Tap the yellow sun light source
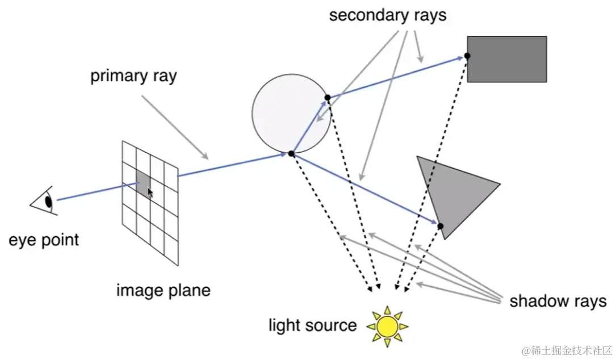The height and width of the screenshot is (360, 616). pyautogui.click(x=387, y=326)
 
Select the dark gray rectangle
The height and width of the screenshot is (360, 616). pyautogui.click(x=506, y=59)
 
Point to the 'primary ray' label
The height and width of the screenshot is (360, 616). pyautogui.click(x=133, y=76)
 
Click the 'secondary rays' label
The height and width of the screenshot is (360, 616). pyautogui.click(x=388, y=15)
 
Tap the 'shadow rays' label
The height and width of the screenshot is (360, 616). pyautogui.click(x=558, y=300)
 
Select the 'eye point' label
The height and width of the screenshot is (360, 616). pyautogui.click(x=44, y=240)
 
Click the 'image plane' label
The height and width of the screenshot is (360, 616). pyautogui.click(x=163, y=291)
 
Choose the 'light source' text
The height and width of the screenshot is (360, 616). pyautogui.click(x=313, y=325)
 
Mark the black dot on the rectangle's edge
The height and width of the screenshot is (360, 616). pyautogui.click(x=467, y=56)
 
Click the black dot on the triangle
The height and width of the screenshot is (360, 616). pyautogui.click(x=441, y=226)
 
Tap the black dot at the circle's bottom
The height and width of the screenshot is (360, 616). pyautogui.click(x=291, y=153)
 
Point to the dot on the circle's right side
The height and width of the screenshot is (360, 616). pyautogui.click(x=328, y=98)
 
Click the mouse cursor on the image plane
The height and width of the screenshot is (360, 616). pyautogui.click(x=150, y=192)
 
